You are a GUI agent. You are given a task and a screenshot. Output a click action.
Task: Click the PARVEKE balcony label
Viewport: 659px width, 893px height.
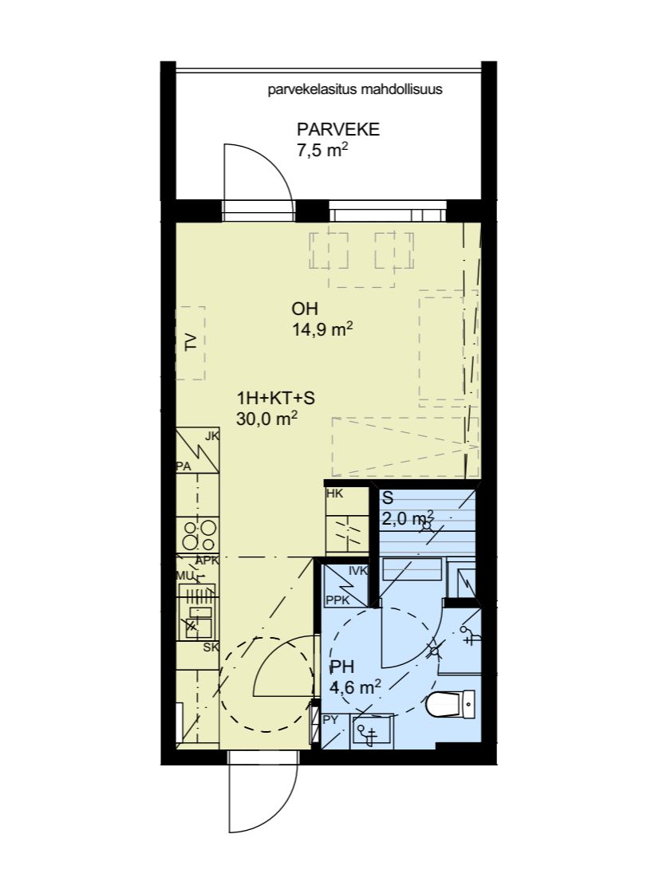pyautogui.click(x=338, y=129)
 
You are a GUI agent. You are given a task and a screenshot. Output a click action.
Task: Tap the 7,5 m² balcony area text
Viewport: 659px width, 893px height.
pyautogui.click(x=322, y=151)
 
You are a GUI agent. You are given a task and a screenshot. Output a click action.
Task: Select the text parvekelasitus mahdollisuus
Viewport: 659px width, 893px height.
pyautogui.click(x=355, y=89)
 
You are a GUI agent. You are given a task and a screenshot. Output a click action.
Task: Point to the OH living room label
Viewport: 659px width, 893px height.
pyautogui.click(x=305, y=309)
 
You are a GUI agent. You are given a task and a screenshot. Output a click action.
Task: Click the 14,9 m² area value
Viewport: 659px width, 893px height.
pyautogui.click(x=322, y=329)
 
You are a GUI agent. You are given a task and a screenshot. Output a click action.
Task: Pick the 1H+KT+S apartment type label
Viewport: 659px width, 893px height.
pyautogui.click(x=276, y=397)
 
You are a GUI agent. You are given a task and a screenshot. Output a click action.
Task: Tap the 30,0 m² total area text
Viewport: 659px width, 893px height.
pyautogui.click(x=266, y=419)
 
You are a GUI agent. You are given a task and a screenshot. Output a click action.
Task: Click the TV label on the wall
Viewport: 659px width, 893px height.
pyautogui.click(x=191, y=342)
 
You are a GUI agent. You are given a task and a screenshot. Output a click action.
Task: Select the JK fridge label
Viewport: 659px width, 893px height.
pyautogui.click(x=212, y=436)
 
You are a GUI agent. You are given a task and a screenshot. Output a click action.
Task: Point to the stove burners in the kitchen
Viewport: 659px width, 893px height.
pyautogui.click(x=197, y=535)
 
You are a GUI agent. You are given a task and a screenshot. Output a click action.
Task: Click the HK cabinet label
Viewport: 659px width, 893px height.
pyautogui.click(x=335, y=494)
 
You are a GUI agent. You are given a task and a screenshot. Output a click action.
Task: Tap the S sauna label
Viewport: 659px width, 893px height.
pyautogui.click(x=388, y=498)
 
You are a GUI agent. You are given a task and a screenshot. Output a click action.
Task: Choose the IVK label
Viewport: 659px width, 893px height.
pyautogui.click(x=358, y=570)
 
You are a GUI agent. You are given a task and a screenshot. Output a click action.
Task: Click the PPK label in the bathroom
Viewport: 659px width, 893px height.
pyautogui.click(x=337, y=600)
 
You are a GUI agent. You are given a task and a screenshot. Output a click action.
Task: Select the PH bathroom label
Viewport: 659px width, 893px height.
pyautogui.click(x=342, y=667)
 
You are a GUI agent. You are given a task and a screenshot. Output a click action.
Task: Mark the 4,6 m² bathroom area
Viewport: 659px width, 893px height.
pyautogui.click(x=355, y=687)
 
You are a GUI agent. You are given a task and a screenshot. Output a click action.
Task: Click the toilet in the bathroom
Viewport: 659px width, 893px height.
pyautogui.click(x=450, y=705)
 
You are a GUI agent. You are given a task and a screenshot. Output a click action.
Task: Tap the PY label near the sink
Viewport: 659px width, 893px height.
pyautogui.click(x=330, y=720)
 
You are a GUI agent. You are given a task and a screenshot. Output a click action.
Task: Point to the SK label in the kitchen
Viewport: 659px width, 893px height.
pyautogui.click(x=211, y=647)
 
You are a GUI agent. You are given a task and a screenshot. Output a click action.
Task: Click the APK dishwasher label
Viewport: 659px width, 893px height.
pyautogui.click(x=207, y=561)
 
